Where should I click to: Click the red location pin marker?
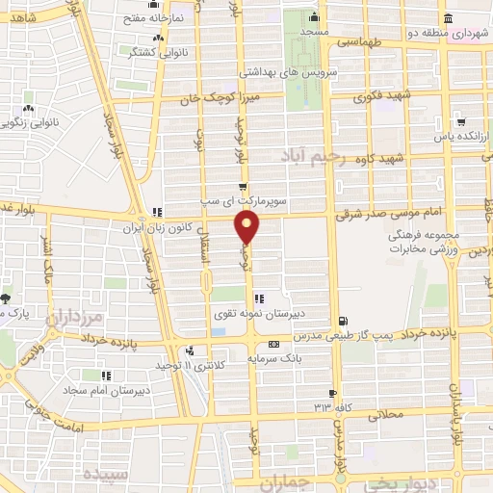point(247,228)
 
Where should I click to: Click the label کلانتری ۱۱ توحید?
point(160,366)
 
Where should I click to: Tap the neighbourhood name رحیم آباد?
point(310,154)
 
